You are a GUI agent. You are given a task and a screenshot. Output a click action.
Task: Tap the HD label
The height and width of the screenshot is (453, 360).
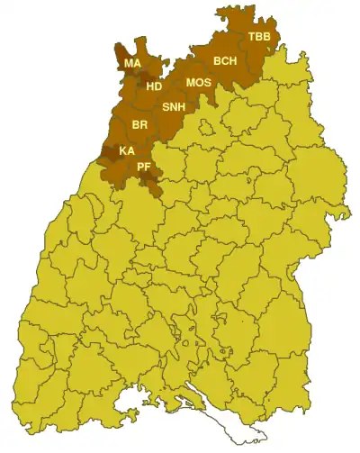155,86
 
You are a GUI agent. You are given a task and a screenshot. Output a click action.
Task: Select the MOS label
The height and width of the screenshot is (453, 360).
198,83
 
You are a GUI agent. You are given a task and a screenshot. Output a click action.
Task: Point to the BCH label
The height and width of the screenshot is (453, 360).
225,61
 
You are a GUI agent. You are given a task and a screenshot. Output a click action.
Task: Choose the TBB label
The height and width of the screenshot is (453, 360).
257,37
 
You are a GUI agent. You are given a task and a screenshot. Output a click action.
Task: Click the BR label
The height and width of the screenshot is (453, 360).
139,124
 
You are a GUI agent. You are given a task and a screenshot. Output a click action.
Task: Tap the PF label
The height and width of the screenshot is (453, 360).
143,168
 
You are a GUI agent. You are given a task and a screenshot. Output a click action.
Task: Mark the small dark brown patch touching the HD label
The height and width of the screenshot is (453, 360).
144,84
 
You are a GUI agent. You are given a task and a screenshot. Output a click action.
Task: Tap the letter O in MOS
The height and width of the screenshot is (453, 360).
198,83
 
